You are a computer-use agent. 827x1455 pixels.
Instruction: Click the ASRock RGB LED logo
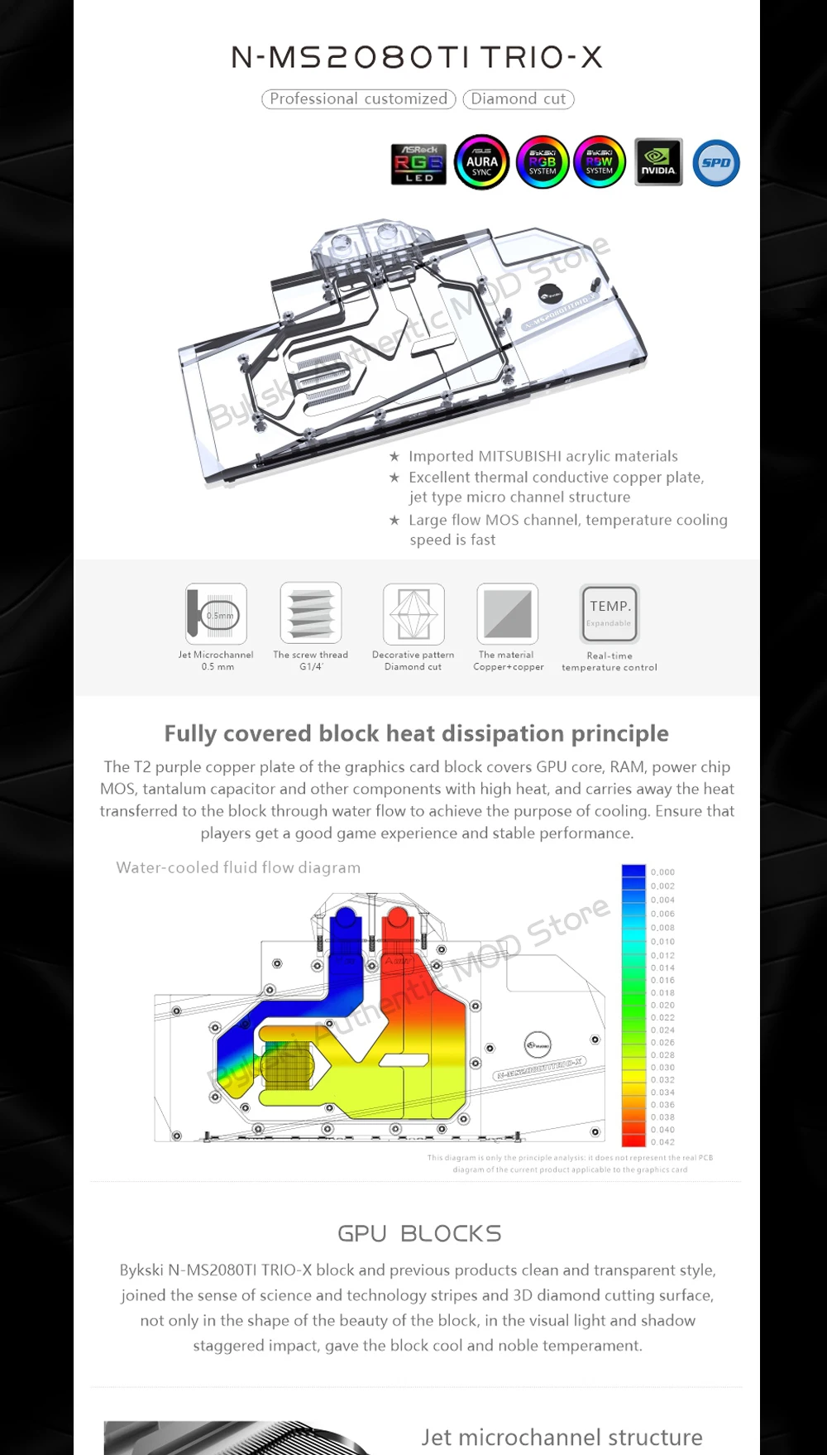click(418, 163)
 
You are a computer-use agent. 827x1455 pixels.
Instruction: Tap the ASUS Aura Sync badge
click(481, 162)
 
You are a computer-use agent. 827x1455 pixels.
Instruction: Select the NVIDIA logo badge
click(658, 162)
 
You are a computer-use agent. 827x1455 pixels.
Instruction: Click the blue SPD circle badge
click(715, 162)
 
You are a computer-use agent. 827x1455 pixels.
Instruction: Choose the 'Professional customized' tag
click(358, 99)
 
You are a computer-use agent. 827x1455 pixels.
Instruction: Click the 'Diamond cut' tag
click(519, 99)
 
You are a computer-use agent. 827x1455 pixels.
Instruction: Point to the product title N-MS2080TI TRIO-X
click(417, 57)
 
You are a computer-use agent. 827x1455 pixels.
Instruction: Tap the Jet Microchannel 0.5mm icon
click(217, 614)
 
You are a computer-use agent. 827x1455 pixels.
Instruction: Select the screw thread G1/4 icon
click(311, 613)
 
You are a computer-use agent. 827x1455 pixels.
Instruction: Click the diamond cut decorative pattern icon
click(413, 613)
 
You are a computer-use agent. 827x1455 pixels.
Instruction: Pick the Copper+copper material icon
click(508, 613)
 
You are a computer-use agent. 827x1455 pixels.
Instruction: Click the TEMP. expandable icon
click(609, 613)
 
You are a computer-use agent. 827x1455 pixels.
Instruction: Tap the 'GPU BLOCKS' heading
click(419, 1233)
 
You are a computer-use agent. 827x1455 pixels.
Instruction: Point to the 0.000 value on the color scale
click(662, 872)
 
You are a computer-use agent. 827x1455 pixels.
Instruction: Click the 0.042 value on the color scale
click(662, 1142)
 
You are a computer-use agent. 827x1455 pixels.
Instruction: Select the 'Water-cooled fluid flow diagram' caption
click(238, 867)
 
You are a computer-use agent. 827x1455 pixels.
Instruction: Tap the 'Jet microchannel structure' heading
click(562, 1438)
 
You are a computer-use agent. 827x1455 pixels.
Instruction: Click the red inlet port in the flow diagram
click(398, 919)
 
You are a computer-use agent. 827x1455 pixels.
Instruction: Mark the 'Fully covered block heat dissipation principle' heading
click(416, 733)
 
